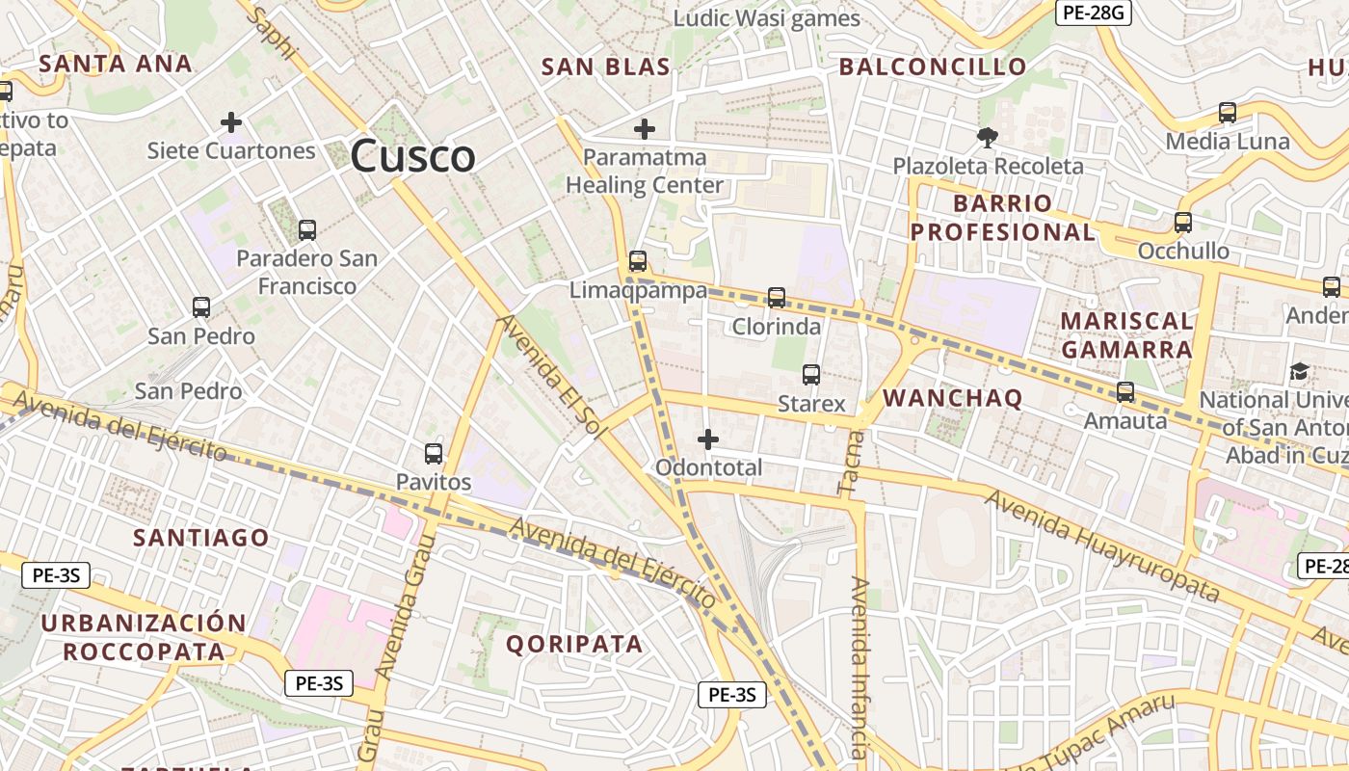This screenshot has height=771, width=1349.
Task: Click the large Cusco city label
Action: pyautogui.click(x=412, y=156)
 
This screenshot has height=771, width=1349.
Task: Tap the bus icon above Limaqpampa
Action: pyautogui.click(x=637, y=261)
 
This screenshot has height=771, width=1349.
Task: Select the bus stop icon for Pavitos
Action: pyautogui.click(x=434, y=454)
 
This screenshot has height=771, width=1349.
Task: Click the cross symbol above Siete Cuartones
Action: pyautogui.click(x=230, y=122)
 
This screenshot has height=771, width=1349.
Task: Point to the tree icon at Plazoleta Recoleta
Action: pyautogui.click(x=987, y=138)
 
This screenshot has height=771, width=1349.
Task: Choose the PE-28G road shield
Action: pyautogui.click(x=1093, y=13)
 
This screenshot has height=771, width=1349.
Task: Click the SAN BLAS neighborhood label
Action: pyautogui.click(x=605, y=66)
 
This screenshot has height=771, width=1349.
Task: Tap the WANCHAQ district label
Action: pyautogui.click(x=952, y=398)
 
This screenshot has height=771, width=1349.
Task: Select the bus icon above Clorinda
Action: pyautogui.click(x=777, y=298)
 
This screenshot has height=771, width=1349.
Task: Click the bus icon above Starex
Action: pyautogui.click(x=811, y=375)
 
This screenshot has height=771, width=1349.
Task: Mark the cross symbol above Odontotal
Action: pyautogui.click(x=708, y=439)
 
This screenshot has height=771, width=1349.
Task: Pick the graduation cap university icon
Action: pyautogui.click(x=1299, y=371)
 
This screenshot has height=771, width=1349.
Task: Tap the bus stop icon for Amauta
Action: pyautogui.click(x=1124, y=392)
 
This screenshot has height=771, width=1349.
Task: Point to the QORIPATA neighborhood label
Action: pyautogui.click(x=574, y=645)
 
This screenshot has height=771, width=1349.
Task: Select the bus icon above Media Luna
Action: pyautogui.click(x=1228, y=113)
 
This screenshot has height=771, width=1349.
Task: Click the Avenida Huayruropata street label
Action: pyautogui.click(x=1101, y=545)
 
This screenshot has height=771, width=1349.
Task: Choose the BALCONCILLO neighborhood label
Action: pyautogui.click(x=932, y=66)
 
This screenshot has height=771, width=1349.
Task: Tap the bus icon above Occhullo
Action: pyautogui.click(x=1183, y=223)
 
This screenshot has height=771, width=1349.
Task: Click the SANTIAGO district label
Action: pyautogui.click(x=201, y=538)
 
